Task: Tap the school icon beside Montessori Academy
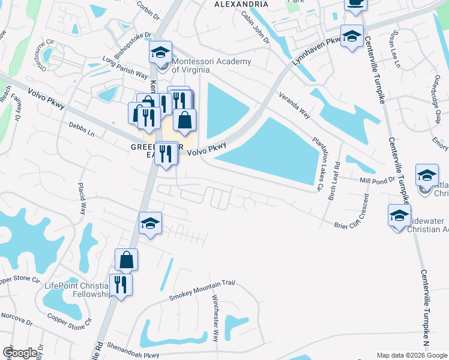pos(160,53)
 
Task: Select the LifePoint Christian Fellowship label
pos(78,290)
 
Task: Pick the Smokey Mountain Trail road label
pos(200,290)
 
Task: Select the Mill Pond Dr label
pos(378,179)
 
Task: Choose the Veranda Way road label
pos(295,105)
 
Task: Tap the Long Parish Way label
pos(125,67)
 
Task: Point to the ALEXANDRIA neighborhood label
pos(241,4)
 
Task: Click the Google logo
pos(20,353)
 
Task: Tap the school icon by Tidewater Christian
pos(399,215)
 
